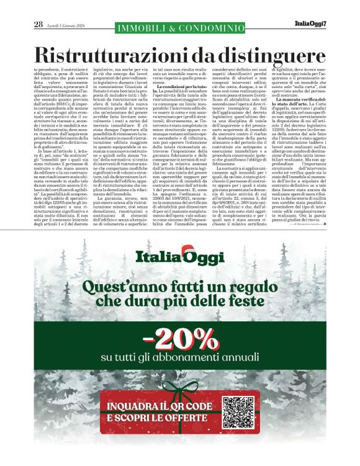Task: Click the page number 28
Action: tap(38, 24)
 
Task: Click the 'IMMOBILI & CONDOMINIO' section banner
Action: tap(180, 28)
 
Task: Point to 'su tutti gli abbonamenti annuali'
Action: tap(180, 358)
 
